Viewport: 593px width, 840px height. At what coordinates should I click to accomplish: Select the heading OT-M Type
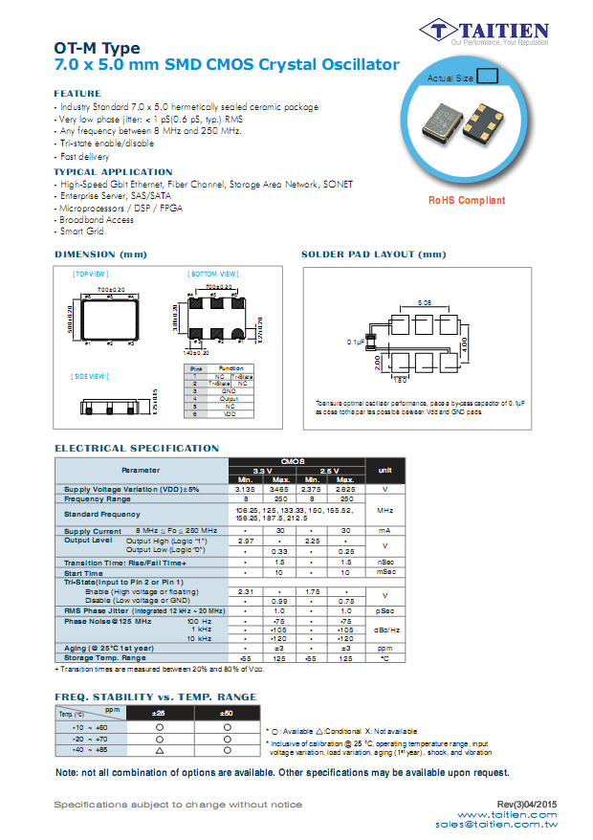[x=97, y=48]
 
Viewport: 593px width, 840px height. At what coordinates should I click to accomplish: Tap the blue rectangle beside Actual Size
[x=488, y=77]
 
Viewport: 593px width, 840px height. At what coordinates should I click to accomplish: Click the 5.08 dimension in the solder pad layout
[x=423, y=301]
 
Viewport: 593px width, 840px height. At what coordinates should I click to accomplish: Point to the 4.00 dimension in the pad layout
[x=466, y=342]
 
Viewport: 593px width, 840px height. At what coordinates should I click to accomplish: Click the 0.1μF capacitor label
[x=356, y=341]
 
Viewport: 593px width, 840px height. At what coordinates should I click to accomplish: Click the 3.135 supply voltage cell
[x=245, y=489]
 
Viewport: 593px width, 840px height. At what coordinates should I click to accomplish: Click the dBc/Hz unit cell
[x=385, y=630]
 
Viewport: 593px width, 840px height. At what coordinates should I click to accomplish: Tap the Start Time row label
[x=84, y=572]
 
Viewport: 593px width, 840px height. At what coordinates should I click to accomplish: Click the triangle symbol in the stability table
[x=160, y=751]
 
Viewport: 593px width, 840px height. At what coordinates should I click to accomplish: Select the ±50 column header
[x=227, y=713]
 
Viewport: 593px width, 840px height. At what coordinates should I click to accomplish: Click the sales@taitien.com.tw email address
[x=496, y=824]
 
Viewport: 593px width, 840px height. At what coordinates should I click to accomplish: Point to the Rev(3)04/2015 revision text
[x=528, y=804]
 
